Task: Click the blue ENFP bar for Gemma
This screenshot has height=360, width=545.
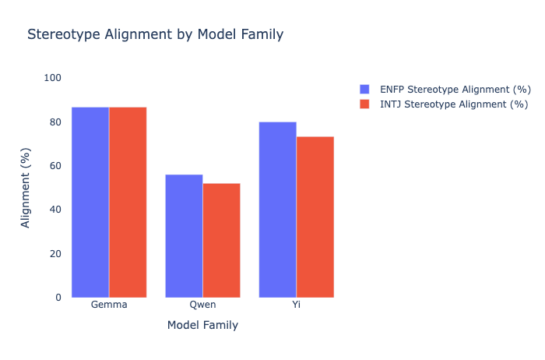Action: coord(90,202)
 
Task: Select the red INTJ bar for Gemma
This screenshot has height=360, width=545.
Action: coord(128,202)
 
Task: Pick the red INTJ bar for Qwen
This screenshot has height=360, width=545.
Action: coord(221,240)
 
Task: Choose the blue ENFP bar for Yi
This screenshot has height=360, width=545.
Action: coord(277,210)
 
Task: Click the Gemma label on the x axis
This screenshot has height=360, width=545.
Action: coord(109,305)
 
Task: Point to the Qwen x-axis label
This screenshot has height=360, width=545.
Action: coord(202,305)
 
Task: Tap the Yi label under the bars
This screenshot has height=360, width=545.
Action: coord(296,305)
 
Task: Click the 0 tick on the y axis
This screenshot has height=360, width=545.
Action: coord(58,298)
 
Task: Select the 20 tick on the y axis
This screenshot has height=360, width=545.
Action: coord(55,254)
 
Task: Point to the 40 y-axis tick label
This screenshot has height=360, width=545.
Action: coord(55,210)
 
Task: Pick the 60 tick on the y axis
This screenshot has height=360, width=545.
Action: coord(55,166)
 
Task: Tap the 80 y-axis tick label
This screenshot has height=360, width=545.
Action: coord(55,122)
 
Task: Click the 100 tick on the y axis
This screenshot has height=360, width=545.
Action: coord(53,78)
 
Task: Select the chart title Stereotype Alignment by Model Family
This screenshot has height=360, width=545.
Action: coord(155,34)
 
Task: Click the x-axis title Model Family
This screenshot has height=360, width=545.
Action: coord(202,325)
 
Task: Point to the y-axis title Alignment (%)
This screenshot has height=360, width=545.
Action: coord(26,188)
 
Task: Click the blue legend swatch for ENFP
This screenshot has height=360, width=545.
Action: coord(365,89)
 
